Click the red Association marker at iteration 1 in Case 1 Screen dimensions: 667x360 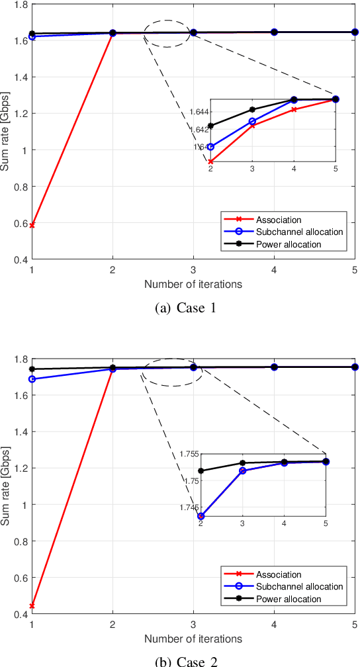point(32,225)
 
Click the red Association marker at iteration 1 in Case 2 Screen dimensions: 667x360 point(32,605)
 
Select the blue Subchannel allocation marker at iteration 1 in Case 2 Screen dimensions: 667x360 point(32,379)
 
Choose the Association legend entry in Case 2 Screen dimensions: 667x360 point(278,574)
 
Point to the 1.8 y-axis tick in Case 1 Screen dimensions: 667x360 point(20,5)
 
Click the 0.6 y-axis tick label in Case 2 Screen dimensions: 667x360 point(20,578)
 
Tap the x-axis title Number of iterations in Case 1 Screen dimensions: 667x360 point(193,285)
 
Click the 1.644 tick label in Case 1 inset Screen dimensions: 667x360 point(197,112)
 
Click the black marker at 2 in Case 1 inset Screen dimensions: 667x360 point(210,126)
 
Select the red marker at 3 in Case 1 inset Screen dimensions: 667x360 point(252,125)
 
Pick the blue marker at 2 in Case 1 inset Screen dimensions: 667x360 point(210,147)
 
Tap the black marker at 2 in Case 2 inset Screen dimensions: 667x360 point(201,471)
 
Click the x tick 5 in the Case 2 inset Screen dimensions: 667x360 point(325,523)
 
